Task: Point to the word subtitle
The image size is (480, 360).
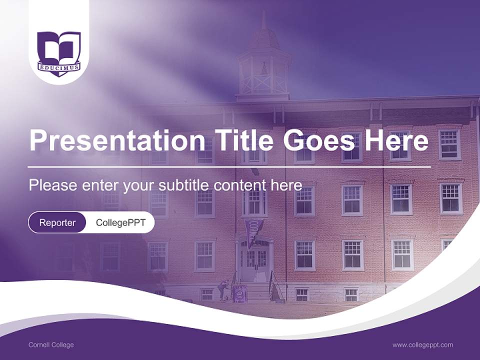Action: click(x=184, y=185)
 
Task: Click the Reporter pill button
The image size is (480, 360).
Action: click(x=57, y=222)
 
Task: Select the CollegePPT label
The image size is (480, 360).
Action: click(x=120, y=222)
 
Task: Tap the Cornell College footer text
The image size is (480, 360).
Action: click(x=51, y=345)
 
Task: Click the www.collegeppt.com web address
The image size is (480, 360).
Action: click(x=422, y=345)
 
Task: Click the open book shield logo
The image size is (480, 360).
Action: click(x=59, y=50)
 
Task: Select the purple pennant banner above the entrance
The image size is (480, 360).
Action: click(x=254, y=230)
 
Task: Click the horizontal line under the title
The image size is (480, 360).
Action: click(x=229, y=166)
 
